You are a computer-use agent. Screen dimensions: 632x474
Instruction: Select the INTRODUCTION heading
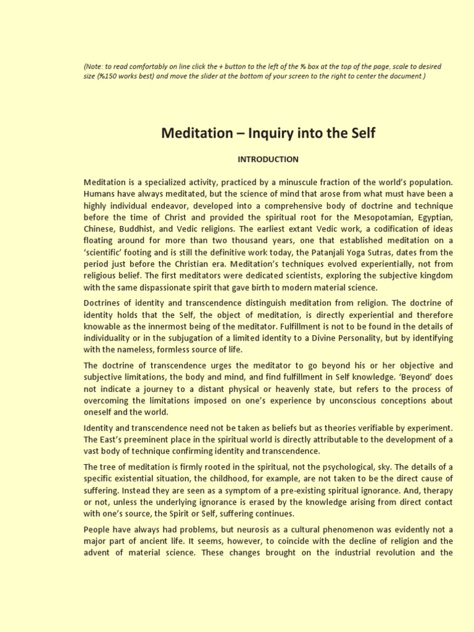pos(268,159)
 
